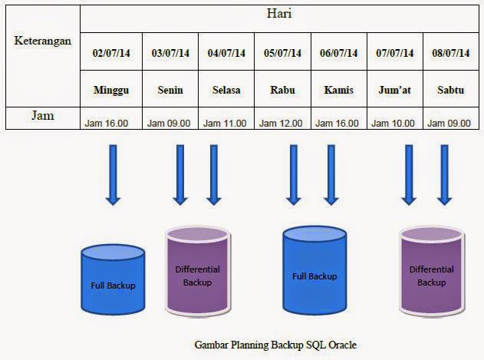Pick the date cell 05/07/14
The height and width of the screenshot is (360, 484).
click(282, 53)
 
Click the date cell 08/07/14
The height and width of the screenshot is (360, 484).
click(451, 53)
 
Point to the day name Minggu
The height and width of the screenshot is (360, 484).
click(112, 90)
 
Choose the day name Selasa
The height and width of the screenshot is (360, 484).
click(226, 90)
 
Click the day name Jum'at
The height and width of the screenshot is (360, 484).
click(395, 90)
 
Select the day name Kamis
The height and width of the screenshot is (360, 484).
click(338, 90)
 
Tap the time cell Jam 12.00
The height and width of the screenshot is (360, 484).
click(282, 122)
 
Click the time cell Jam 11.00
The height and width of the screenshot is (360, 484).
click(226, 122)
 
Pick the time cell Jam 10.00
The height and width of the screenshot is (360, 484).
click(395, 122)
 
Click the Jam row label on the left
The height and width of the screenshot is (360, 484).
click(41, 117)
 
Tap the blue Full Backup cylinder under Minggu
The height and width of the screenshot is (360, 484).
click(112, 281)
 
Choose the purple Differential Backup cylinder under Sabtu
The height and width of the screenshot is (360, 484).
click(431, 276)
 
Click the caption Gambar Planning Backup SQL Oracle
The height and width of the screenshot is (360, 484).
click(275, 344)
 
